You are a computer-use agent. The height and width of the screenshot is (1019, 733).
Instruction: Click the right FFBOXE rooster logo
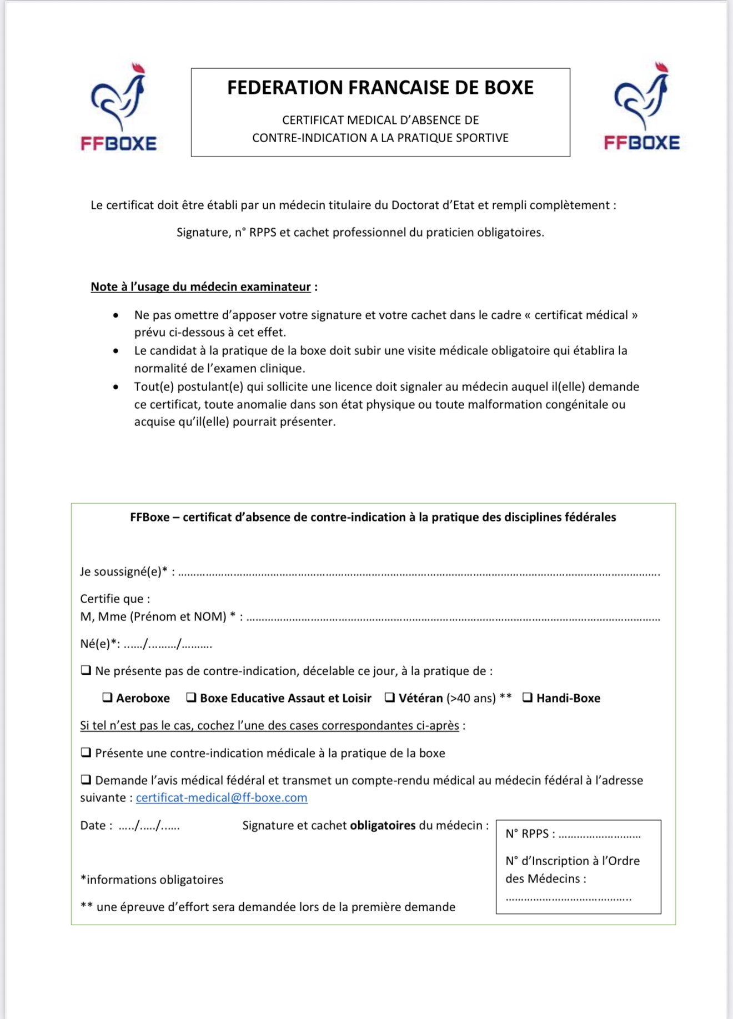(x=641, y=107)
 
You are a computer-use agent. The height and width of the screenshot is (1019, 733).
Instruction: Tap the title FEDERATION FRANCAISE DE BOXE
(x=380, y=88)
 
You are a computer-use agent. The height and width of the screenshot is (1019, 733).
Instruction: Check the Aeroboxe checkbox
(x=108, y=697)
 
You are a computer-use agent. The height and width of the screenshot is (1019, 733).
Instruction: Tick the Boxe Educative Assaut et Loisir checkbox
(x=191, y=697)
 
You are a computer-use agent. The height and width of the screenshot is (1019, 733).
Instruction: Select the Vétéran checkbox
(x=390, y=697)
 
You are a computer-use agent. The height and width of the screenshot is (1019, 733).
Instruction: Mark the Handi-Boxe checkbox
(x=528, y=697)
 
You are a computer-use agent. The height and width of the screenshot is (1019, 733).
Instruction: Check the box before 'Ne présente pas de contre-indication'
(x=86, y=670)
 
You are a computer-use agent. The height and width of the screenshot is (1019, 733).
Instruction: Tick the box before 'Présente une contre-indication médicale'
(x=86, y=752)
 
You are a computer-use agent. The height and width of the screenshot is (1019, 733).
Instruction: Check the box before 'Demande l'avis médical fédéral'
(x=86, y=780)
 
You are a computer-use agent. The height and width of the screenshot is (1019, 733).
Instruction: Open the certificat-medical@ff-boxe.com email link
(x=222, y=798)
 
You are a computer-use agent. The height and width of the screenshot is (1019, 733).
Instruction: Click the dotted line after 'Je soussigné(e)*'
(x=419, y=573)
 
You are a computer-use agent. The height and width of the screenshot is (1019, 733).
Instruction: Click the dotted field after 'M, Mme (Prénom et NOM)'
(x=453, y=618)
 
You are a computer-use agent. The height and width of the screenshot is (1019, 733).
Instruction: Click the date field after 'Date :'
(x=149, y=826)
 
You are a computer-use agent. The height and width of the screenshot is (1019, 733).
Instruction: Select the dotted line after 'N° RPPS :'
(x=600, y=835)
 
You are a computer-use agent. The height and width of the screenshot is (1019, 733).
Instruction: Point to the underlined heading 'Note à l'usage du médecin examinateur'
(x=200, y=287)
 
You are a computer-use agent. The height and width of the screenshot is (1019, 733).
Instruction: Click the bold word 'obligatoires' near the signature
(x=383, y=826)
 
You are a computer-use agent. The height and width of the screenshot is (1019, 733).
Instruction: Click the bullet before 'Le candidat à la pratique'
(x=116, y=351)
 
